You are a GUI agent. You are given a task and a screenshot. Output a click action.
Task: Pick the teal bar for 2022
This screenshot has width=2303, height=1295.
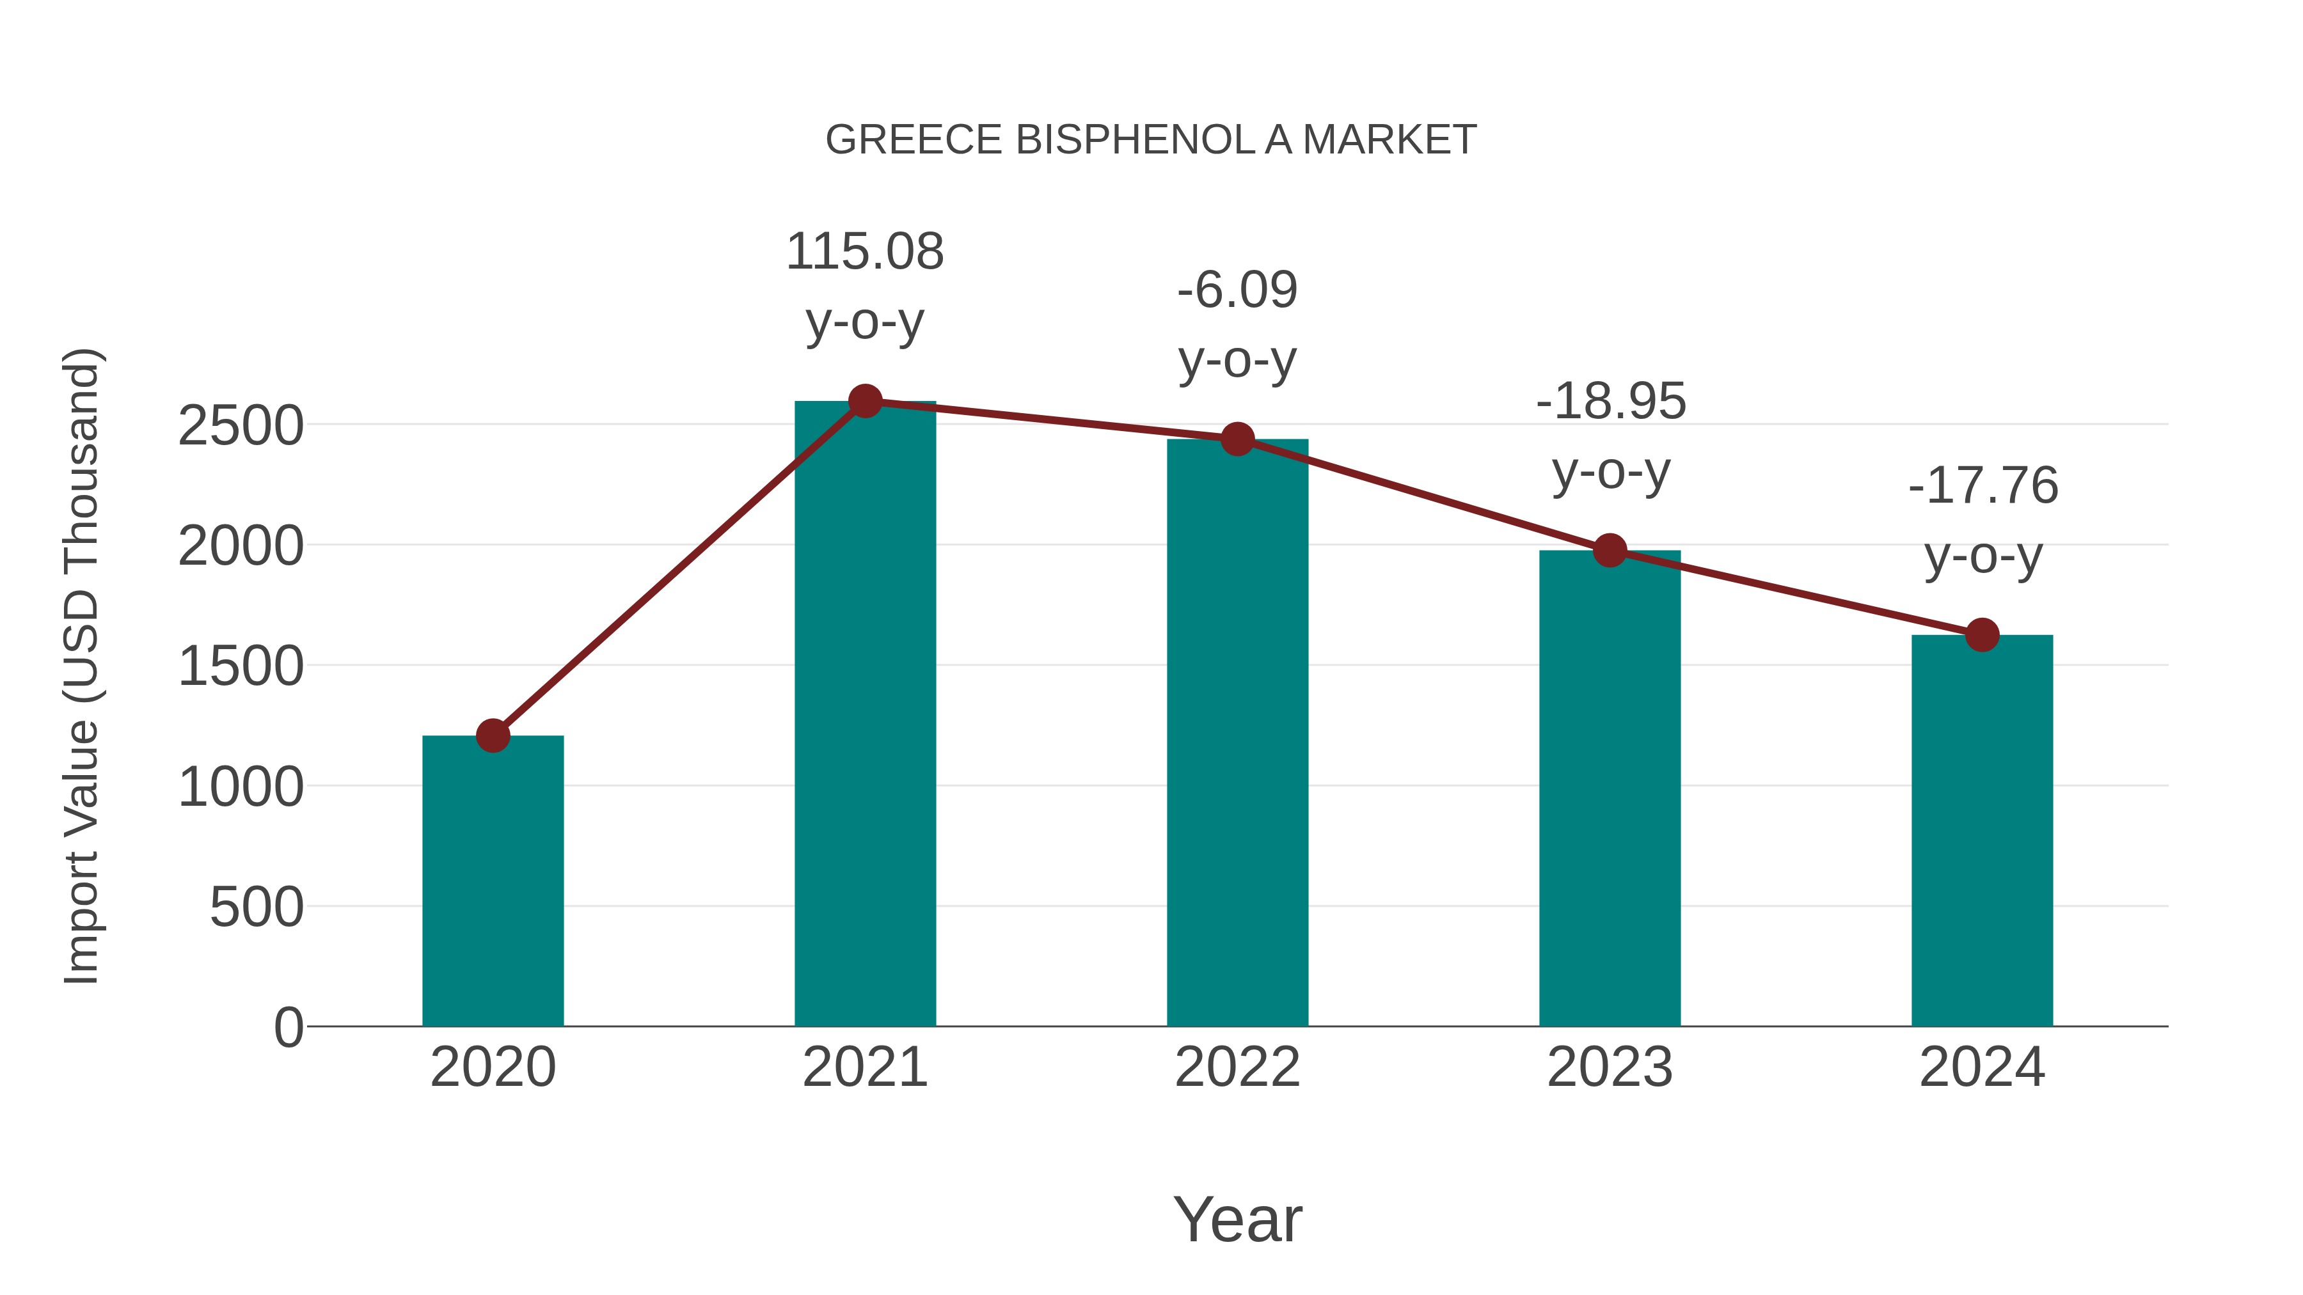pyautogui.click(x=1237, y=733)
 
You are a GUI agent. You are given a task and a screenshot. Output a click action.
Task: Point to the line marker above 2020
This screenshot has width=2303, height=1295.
pyautogui.click(x=493, y=735)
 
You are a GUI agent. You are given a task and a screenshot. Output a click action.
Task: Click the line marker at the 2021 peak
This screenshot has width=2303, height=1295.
pyautogui.click(x=864, y=401)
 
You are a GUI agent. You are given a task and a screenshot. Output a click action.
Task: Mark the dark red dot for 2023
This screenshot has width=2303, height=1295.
pyautogui.click(x=1610, y=551)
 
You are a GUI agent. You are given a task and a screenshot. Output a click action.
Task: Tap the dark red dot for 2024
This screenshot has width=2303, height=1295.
pyautogui.click(x=1981, y=636)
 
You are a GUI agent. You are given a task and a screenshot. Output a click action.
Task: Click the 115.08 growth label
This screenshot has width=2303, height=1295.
pyautogui.click(x=864, y=252)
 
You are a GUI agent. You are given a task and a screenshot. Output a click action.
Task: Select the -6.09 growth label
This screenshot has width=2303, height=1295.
pyautogui.click(x=1237, y=290)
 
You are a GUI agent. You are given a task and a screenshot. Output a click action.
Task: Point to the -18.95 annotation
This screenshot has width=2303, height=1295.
pyautogui.click(x=1610, y=401)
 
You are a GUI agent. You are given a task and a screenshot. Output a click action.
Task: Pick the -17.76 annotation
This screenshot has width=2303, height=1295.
pyautogui.click(x=1982, y=486)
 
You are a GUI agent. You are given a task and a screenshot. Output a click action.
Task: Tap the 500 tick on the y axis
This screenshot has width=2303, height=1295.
pyautogui.click(x=257, y=908)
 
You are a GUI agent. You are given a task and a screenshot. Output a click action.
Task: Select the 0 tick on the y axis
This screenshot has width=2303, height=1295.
pyautogui.click(x=288, y=1028)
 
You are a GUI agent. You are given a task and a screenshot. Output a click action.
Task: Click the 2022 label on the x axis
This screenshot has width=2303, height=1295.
pyautogui.click(x=1237, y=1067)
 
